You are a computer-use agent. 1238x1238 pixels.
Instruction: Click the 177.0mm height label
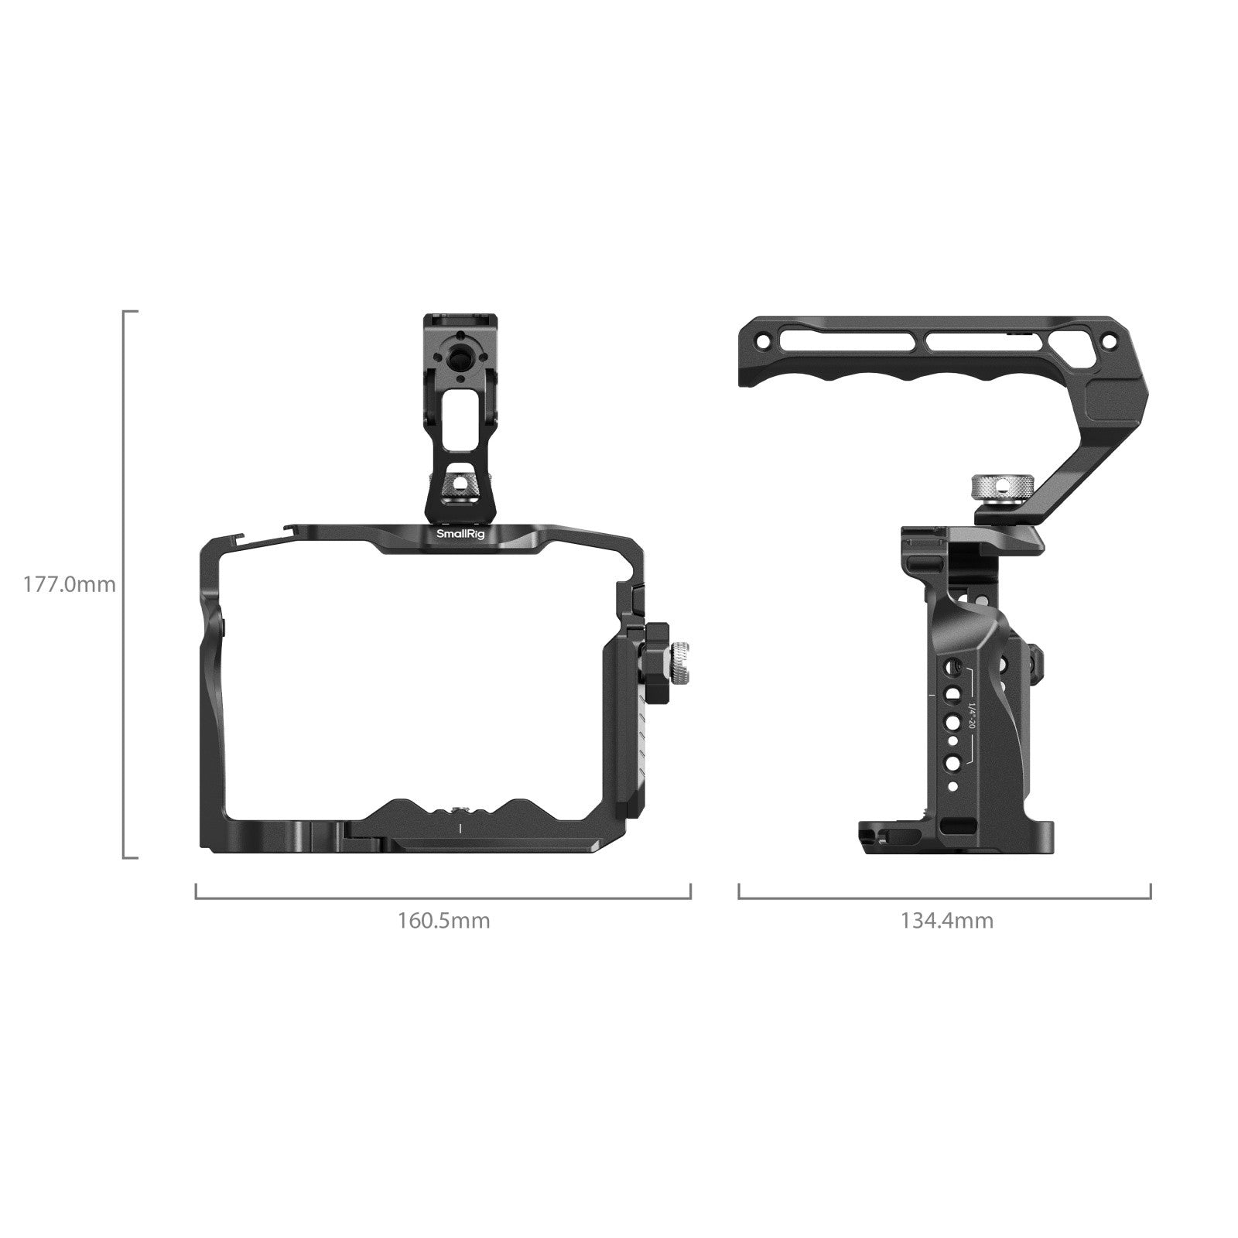pos(69,584)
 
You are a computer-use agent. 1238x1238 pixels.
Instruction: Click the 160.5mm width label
pos(443,921)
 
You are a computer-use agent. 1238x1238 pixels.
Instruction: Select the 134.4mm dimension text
pos(946,921)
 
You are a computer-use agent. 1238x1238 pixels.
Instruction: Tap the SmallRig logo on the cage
pos(455,534)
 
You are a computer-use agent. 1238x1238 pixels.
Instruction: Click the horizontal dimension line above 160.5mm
pos(443,898)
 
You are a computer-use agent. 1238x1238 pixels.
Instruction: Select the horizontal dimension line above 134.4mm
pos(945,898)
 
